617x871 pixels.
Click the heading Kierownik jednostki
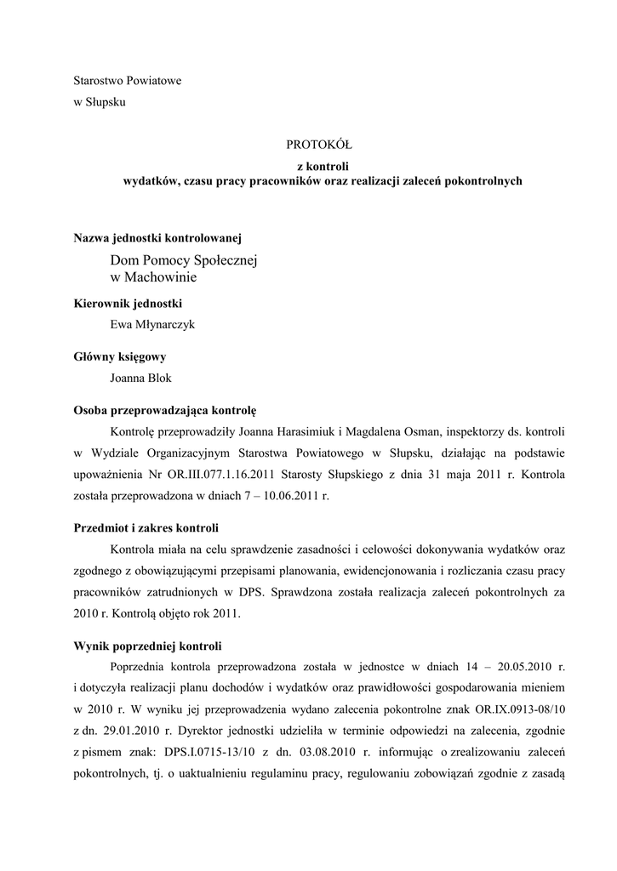click(x=128, y=303)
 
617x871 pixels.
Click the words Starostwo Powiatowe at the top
click(x=128, y=81)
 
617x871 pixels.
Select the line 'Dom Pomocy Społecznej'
click(x=183, y=259)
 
